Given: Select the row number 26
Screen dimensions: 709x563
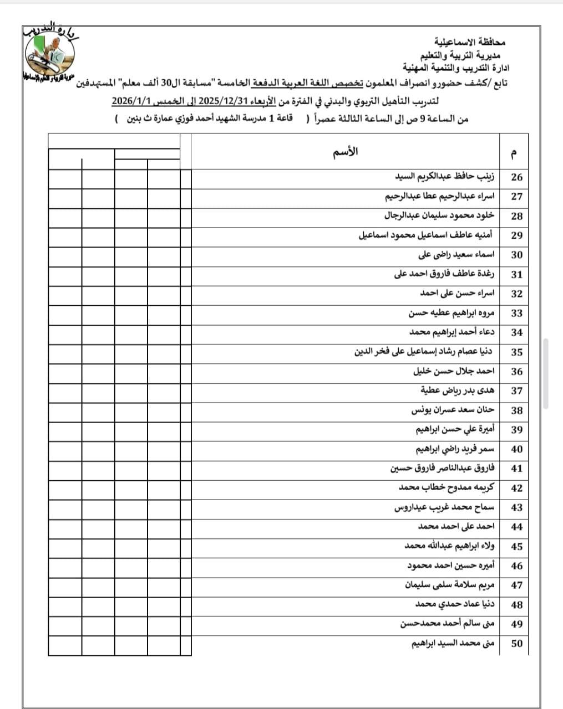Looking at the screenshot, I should [516, 177].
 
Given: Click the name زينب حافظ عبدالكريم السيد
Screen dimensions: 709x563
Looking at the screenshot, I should [444, 177].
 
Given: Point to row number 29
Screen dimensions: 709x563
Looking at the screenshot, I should [516, 235].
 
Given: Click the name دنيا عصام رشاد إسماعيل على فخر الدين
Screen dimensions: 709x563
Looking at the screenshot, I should [424, 352].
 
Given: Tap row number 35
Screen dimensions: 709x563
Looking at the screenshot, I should [516, 352].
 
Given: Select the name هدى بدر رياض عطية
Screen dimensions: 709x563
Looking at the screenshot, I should [457, 391].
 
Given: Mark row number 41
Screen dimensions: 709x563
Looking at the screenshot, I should [516, 469].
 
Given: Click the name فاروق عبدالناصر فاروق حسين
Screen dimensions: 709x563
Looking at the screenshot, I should [442, 469].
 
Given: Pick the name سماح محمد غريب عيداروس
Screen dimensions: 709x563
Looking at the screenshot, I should [444, 507].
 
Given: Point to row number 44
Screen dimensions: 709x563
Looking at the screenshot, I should [516, 527].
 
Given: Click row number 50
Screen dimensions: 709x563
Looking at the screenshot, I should [516, 644].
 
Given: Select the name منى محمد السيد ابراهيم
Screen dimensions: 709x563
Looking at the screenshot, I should [453, 644].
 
